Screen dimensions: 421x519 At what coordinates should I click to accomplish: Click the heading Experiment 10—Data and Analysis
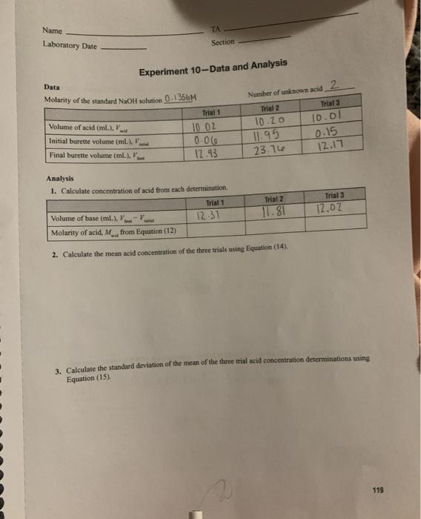pos(213,68)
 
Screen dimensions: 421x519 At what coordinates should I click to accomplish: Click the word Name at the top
pos(52,31)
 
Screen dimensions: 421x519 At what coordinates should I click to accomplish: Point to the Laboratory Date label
pos(69,46)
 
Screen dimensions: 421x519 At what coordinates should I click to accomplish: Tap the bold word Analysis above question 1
pos(61,179)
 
